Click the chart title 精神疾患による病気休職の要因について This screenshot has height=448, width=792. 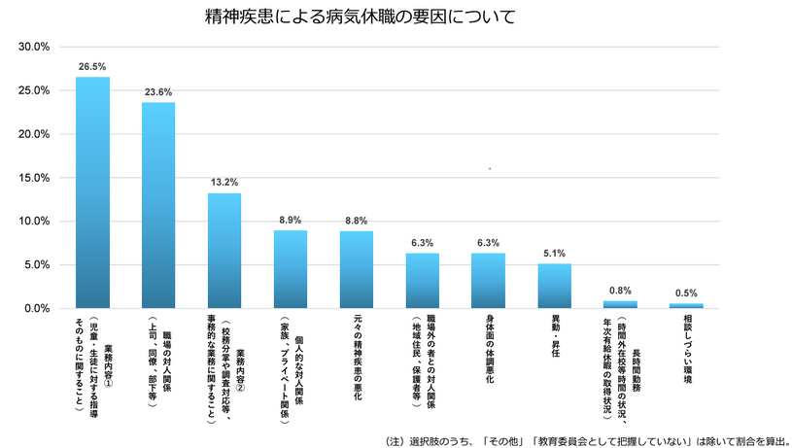pyautogui.click(x=361, y=17)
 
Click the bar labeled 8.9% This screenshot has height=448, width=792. pyautogui.click(x=291, y=269)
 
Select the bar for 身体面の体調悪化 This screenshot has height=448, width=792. pyautogui.click(x=488, y=281)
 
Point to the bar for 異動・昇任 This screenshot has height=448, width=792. pyautogui.click(x=554, y=286)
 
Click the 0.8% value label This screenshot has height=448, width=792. pyautogui.click(x=620, y=291)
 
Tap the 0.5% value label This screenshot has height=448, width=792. pyautogui.click(x=686, y=293)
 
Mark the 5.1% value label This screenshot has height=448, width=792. pyautogui.click(x=554, y=254)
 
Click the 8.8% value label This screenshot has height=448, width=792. pyautogui.click(x=357, y=221)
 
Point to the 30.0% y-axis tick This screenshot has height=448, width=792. pyautogui.click(x=35, y=47)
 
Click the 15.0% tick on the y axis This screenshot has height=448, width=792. pyautogui.click(x=35, y=178)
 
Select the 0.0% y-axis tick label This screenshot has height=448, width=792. pyautogui.click(x=38, y=309)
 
